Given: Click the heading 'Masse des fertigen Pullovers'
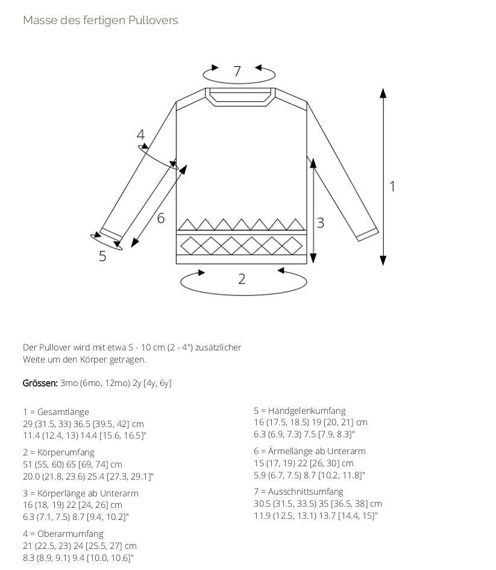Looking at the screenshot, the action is [100, 21].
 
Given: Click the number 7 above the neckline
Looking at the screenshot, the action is [237, 71].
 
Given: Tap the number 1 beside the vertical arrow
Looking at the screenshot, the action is [392, 186].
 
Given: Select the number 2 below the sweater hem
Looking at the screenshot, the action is [242, 279].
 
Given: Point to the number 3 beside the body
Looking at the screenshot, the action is [320, 223].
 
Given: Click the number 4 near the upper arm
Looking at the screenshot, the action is [140, 135].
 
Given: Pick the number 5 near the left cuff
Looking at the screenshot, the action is [102, 256].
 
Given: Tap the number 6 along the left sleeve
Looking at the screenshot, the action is [161, 218].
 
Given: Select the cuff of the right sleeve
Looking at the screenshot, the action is [368, 235].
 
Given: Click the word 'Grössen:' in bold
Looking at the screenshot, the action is [40, 383].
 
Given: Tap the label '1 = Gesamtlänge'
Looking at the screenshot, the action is [56, 412].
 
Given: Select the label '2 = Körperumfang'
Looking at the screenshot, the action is [58, 452].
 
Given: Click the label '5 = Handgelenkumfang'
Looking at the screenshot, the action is [300, 411].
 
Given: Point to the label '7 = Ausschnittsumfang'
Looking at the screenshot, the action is [298, 492].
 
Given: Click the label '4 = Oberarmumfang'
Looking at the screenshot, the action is [63, 534].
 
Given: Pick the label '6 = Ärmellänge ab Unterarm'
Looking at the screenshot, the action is [310, 451].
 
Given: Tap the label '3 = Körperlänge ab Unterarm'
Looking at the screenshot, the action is [81, 493].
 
